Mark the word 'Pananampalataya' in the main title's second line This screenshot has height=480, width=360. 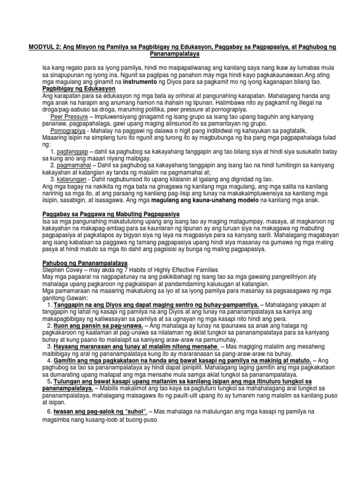click(180, 55)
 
